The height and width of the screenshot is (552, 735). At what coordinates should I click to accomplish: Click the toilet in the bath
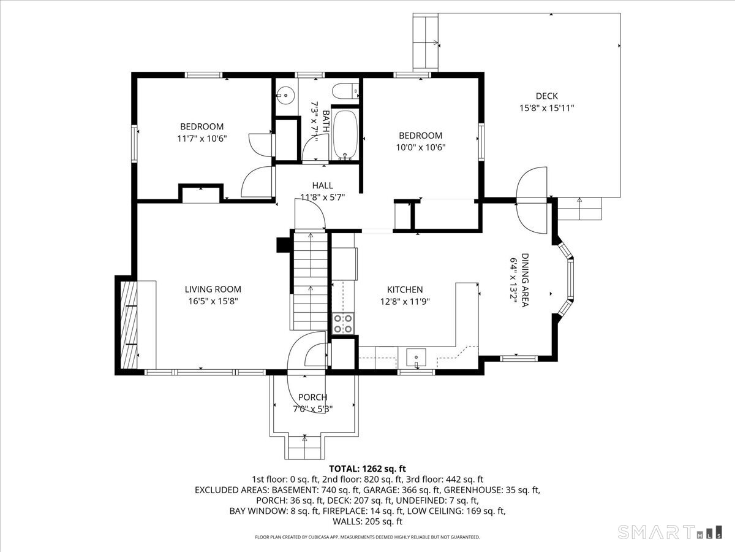pyautogui.click(x=345, y=91)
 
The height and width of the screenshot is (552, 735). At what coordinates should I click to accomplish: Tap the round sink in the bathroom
pyautogui.click(x=285, y=95)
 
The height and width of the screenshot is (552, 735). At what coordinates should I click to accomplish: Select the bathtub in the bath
pyautogui.click(x=345, y=134)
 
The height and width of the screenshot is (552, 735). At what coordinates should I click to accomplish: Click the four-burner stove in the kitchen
pyautogui.click(x=343, y=323)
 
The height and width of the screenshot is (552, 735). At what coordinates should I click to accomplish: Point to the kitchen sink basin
pyautogui.click(x=417, y=358)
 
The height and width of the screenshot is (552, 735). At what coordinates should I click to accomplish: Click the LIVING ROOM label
pyautogui.click(x=213, y=289)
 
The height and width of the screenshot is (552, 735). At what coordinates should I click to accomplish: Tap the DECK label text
pyautogui.click(x=547, y=96)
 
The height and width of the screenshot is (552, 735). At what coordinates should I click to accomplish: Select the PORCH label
pyautogui.click(x=313, y=397)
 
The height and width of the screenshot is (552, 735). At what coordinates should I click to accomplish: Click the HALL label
pyautogui.click(x=322, y=185)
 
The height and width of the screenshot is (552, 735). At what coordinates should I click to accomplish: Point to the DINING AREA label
pyautogui.click(x=525, y=280)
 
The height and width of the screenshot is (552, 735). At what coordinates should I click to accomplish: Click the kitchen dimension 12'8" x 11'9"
pyautogui.click(x=405, y=302)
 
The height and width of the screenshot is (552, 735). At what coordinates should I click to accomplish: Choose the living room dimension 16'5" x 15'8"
pyautogui.click(x=213, y=301)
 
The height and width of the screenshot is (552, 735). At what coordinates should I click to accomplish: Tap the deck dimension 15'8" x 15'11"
pyautogui.click(x=547, y=109)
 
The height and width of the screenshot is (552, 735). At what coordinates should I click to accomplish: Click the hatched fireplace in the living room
pyautogui.click(x=129, y=325)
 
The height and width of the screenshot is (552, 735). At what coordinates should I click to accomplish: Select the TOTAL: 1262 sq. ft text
pyautogui.click(x=367, y=469)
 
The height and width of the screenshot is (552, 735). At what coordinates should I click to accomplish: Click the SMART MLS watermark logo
pyautogui.click(x=669, y=532)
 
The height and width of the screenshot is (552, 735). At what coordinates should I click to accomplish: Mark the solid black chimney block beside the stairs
pyautogui.click(x=283, y=245)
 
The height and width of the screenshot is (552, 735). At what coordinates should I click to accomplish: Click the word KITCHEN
pyautogui.click(x=405, y=289)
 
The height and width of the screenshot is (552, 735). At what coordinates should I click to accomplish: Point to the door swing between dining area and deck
pyautogui.click(x=532, y=200)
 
